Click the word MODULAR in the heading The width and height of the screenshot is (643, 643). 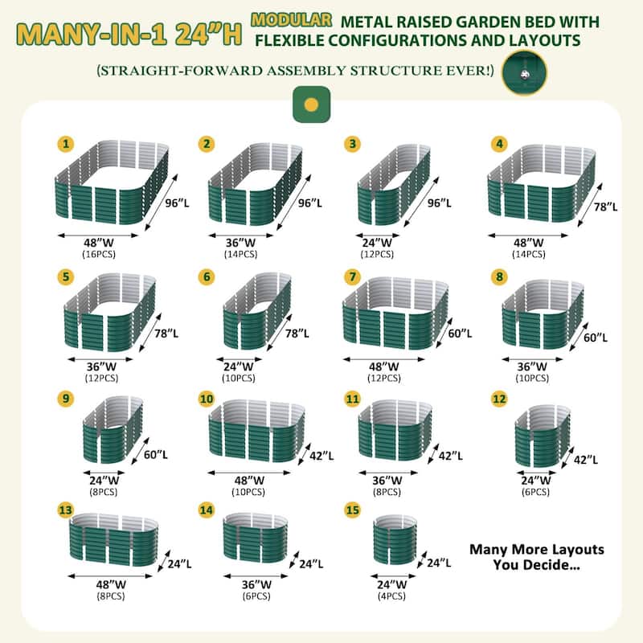click(291, 20)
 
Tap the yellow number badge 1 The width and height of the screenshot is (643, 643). click(66, 144)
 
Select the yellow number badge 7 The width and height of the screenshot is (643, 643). click(352, 276)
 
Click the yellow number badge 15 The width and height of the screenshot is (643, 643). click(352, 510)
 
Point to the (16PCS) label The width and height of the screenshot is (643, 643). click(99, 254)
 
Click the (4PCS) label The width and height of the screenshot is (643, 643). click(391, 596)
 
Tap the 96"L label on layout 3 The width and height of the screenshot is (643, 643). click(439, 203)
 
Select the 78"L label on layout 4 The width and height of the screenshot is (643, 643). click(606, 207)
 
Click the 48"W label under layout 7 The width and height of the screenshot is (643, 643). click(384, 367)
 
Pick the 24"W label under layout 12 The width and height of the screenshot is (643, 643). click(536, 480)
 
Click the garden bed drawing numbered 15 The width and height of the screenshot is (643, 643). click(395, 539)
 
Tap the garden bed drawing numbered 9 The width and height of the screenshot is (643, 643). click(113, 430)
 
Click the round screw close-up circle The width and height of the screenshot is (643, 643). click(525, 73)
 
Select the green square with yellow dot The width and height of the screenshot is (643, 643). click(311, 104)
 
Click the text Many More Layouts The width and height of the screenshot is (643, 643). click(537, 550)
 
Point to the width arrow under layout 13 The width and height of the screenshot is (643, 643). click(110, 575)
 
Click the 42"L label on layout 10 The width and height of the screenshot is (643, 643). click(321, 456)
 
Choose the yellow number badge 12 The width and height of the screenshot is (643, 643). click(499, 399)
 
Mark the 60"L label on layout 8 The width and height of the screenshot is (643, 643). click(596, 338)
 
